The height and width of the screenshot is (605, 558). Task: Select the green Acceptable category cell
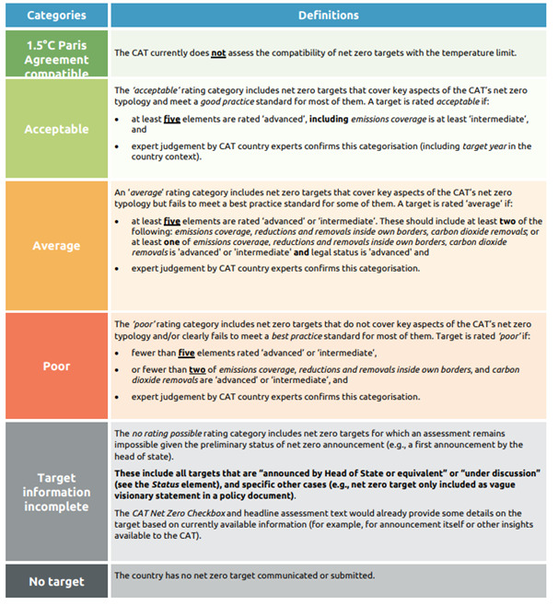click(x=57, y=129)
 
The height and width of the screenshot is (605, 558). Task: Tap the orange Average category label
click(x=57, y=246)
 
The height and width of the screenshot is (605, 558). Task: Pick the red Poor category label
click(x=57, y=366)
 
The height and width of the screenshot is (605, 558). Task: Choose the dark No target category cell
click(x=57, y=581)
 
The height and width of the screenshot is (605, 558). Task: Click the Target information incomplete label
click(x=57, y=492)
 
